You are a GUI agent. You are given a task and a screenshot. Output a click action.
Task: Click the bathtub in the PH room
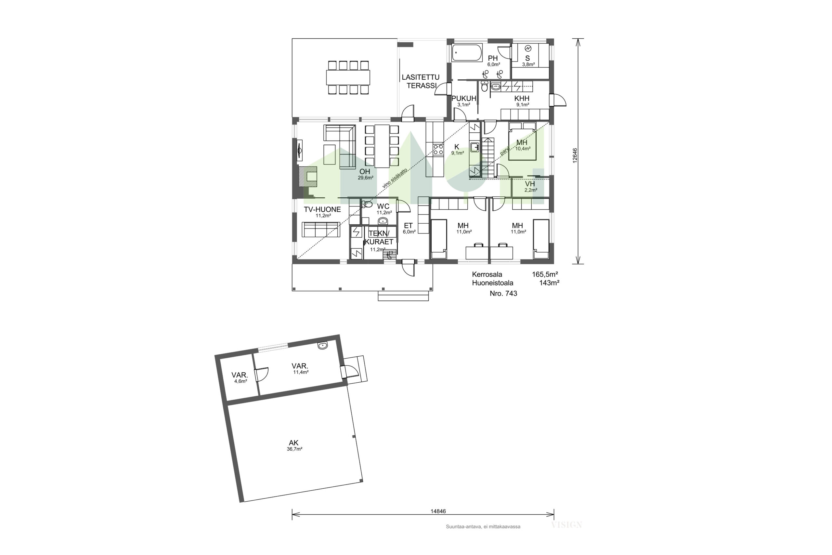tap(467, 52)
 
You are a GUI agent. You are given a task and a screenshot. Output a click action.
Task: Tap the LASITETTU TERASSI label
tap(421, 81)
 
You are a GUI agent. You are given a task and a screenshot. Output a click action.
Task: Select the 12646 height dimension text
tap(575, 155)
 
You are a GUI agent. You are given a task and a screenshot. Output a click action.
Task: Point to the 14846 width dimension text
tap(438, 511)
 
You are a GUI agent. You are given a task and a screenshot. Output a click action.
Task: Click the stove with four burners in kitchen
tap(438, 149)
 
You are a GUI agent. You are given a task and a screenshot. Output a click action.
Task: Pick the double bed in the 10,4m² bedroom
tap(523, 141)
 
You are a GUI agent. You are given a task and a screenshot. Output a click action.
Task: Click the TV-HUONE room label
tap(322, 209)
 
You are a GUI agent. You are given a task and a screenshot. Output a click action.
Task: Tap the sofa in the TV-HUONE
tap(321, 229)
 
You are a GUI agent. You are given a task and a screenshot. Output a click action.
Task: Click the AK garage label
tap(293, 443)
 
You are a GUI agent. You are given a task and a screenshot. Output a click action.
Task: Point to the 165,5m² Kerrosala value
tap(545, 274)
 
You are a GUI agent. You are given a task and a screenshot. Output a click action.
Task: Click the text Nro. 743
tap(503, 293)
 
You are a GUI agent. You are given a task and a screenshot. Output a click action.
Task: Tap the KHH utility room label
tap(522, 99)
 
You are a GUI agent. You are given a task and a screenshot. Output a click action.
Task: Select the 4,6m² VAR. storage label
tap(240, 377)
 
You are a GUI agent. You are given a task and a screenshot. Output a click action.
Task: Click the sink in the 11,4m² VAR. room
tap(323, 346)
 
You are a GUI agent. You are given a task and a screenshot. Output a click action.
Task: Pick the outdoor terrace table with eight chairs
tap(348, 77)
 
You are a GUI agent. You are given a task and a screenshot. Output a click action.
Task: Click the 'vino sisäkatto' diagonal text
tap(395, 178)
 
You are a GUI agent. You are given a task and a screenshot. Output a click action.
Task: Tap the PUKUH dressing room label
tap(464, 99)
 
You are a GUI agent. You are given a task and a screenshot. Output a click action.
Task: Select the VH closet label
tap(530, 184)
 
